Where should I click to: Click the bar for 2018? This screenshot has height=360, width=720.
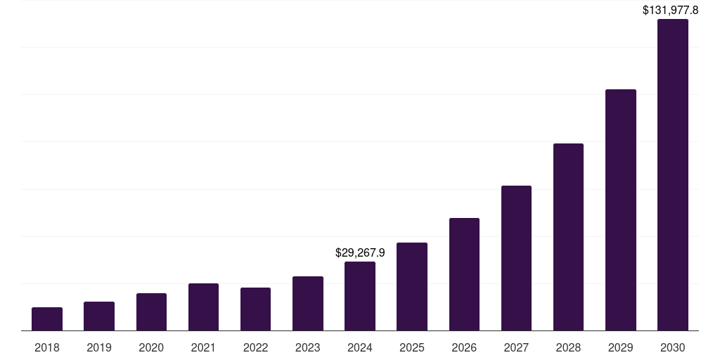(x=47, y=319)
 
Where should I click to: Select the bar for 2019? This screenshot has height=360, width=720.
(x=99, y=316)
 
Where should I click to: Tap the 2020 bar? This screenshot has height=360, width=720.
(x=151, y=311)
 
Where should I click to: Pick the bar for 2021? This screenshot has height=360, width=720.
(x=203, y=307)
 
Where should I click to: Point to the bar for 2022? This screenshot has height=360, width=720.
(x=255, y=309)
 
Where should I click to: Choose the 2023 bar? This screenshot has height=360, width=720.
(x=308, y=303)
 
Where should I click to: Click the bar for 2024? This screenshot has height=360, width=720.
(x=360, y=295)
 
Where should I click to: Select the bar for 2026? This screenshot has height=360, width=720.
(x=464, y=274)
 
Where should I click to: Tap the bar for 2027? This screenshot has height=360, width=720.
(x=516, y=257)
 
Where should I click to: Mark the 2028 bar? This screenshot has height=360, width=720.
(x=568, y=236)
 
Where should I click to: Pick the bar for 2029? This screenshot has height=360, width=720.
(x=621, y=210)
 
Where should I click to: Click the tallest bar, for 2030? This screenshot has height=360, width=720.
(x=673, y=174)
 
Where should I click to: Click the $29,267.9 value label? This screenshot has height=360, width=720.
(x=360, y=252)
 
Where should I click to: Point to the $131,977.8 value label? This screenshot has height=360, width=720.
(x=671, y=10)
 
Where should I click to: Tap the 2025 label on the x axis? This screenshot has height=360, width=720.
(x=412, y=347)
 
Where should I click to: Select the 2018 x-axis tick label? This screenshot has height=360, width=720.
(x=47, y=347)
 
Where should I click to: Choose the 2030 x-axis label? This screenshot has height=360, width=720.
(x=673, y=347)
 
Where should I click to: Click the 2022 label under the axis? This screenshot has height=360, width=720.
(x=255, y=347)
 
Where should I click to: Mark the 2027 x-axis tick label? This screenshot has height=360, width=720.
(x=516, y=347)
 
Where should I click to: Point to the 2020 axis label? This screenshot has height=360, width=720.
(x=151, y=347)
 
